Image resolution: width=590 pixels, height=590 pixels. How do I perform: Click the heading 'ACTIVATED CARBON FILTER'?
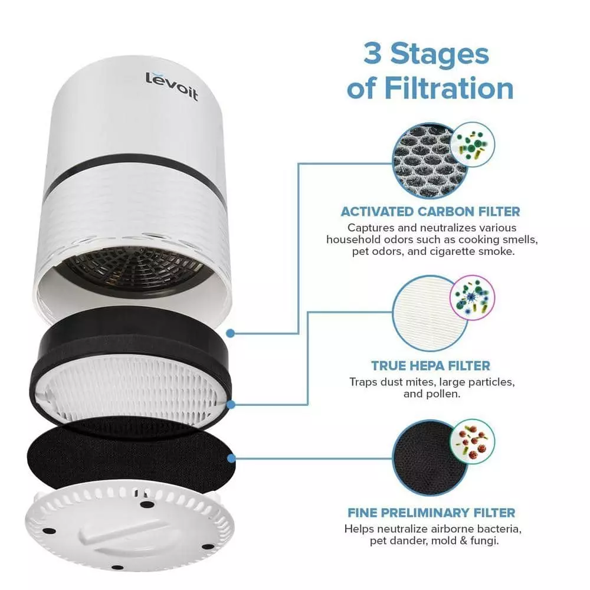430,211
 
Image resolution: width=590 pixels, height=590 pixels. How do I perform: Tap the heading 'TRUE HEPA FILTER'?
430,366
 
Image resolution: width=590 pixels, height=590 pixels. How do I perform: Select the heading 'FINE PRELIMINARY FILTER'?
430,512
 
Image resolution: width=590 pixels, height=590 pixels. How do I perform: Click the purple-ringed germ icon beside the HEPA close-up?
471,297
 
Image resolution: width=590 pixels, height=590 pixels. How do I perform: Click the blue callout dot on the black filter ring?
231,333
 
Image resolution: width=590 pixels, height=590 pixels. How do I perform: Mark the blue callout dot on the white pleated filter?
231,404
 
